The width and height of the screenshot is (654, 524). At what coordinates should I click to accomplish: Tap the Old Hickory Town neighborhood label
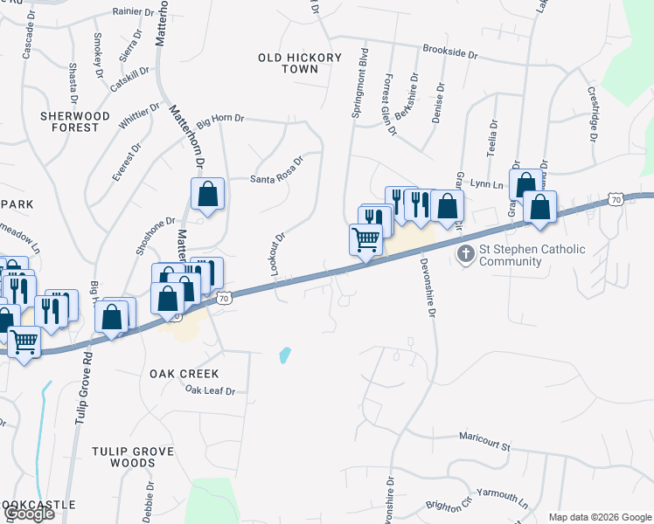click(x=300, y=63)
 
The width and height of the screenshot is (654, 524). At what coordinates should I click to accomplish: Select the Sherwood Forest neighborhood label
click(x=74, y=121)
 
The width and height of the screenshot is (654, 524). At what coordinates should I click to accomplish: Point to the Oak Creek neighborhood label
click(x=184, y=374)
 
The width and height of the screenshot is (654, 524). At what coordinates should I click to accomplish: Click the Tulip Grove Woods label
click(x=133, y=457)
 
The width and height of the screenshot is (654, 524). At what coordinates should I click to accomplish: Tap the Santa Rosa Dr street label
click(x=276, y=166)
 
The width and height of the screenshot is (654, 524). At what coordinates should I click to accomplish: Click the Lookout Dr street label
click(x=279, y=254)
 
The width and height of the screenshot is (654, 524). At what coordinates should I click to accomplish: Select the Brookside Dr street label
click(x=449, y=53)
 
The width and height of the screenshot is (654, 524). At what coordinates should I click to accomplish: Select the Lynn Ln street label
click(x=487, y=184)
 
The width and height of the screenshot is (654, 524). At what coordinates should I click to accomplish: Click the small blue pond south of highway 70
click(x=284, y=355)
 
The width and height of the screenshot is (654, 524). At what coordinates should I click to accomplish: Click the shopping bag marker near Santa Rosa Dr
click(x=208, y=195)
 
